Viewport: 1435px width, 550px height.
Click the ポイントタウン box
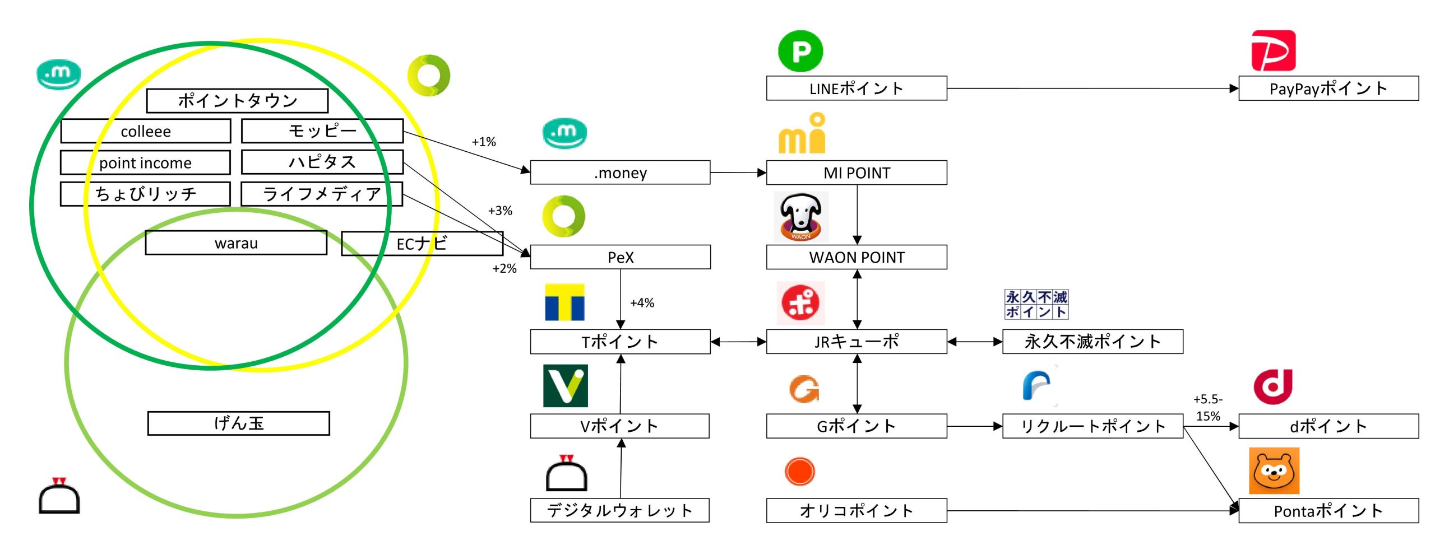(x=237, y=101)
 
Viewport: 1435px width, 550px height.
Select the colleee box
(x=146, y=131)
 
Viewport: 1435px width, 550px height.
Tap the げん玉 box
(x=239, y=423)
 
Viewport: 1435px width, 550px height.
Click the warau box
(x=236, y=243)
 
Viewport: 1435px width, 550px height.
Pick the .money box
(x=620, y=173)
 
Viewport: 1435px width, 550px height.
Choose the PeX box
(x=620, y=257)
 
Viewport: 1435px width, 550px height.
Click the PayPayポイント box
(x=1328, y=88)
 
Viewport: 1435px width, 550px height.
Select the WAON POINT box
(x=857, y=257)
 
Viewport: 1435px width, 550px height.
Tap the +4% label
(x=642, y=303)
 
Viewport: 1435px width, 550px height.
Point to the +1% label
(x=484, y=142)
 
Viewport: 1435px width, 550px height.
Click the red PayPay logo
(x=1273, y=51)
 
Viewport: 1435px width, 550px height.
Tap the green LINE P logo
(x=800, y=52)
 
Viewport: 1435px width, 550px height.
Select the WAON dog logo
(x=801, y=217)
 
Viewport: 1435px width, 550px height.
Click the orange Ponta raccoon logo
(x=1274, y=471)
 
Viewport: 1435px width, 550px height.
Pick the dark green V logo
(x=565, y=386)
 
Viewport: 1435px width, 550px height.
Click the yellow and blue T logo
(x=565, y=302)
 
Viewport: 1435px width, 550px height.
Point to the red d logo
(x=1273, y=386)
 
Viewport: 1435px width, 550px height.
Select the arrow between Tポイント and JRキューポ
(x=738, y=342)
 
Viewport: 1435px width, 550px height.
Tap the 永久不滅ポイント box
(x=1092, y=342)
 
